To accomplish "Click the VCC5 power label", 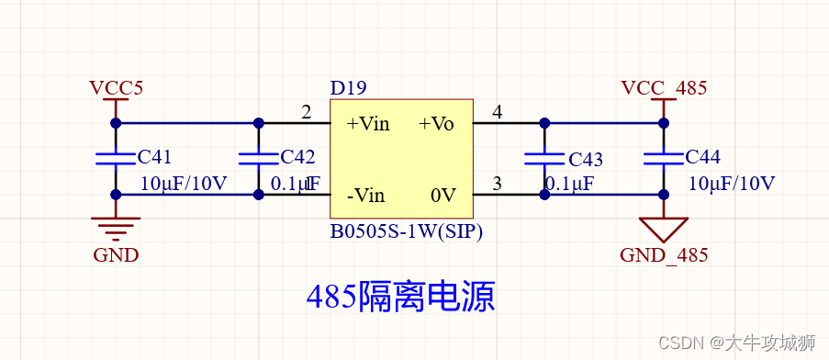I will (116, 88).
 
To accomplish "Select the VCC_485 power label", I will (664, 88).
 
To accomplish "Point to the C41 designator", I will (154, 157).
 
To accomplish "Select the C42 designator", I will (297, 157).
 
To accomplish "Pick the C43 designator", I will (586, 159).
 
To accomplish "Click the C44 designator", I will (702, 157).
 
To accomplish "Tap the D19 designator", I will (348, 88).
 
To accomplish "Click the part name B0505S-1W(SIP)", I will (406, 232).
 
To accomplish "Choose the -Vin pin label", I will (365, 195).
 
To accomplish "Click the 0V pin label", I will (443, 195).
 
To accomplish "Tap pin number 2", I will (307, 112).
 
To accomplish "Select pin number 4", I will (498, 112).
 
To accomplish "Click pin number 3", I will (498, 184).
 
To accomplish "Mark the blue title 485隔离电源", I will (400, 296).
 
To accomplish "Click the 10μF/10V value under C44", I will (732, 182).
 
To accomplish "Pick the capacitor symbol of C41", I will (116, 158).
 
